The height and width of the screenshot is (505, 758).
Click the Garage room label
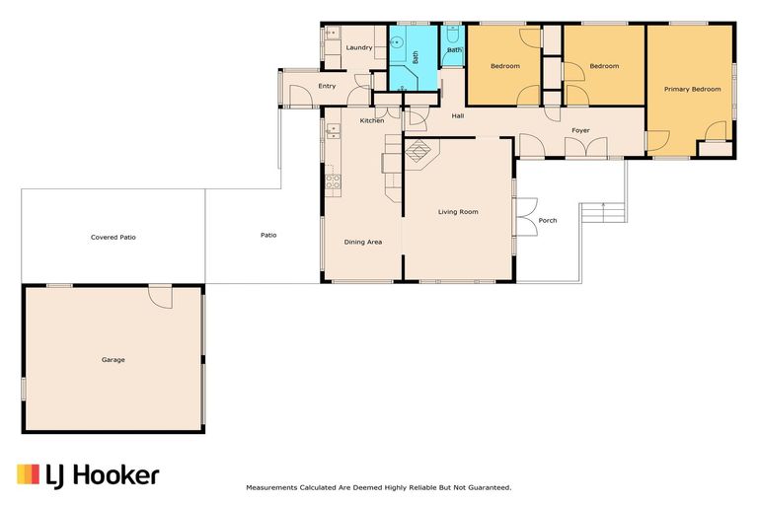click(114, 360)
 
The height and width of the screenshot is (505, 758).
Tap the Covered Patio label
click(114, 238)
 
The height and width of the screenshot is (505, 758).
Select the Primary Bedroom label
click(692, 90)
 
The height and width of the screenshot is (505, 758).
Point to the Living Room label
click(458, 212)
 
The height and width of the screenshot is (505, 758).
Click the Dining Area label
click(362, 242)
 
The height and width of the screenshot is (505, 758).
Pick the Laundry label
click(359, 47)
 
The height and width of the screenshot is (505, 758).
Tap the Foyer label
click(580, 130)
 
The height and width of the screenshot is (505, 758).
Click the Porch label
click(548, 220)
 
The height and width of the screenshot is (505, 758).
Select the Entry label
click(327, 86)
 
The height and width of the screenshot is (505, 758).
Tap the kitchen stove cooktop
click(333, 181)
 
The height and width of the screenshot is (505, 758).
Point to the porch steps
click(603, 213)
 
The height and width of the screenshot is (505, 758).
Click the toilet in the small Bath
click(453, 34)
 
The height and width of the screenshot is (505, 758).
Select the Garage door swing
click(161, 297)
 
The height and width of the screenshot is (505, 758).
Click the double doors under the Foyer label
click(586, 147)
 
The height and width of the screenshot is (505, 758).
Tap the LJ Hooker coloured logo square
click(28, 474)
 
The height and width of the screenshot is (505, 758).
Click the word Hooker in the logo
click(116, 475)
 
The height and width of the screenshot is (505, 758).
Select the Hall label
click(458, 116)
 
